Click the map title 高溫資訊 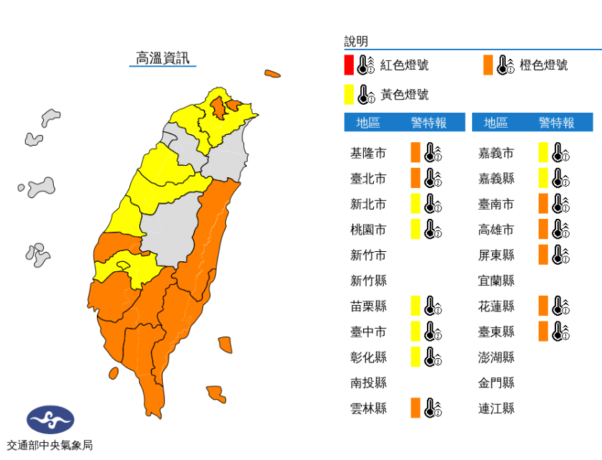[x=163, y=58]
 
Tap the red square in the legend [x=349, y=65]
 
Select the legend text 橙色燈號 [x=544, y=65]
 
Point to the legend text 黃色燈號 [x=405, y=94]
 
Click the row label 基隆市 [x=368, y=153]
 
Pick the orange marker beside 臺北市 [x=415, y=178]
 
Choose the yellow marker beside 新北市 [x=415, y=204]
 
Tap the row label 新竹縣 [x=368, y=281]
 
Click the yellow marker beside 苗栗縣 [x=415, y=306]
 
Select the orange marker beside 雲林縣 [x=415, y=408]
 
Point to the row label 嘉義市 [x=496, y=153]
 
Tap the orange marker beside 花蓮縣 [x=543, y=306]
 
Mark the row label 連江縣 [x=496, y=408]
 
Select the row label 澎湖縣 [x=496, y=357]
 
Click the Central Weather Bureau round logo [x=50, y=420]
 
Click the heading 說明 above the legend [x=356, y=42]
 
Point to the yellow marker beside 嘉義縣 [x=543, y=178]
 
